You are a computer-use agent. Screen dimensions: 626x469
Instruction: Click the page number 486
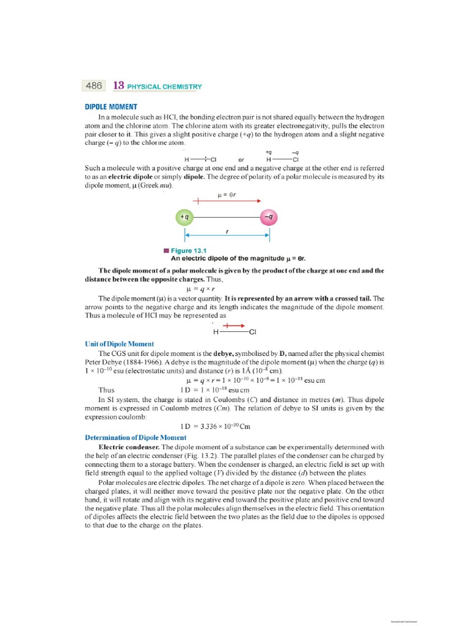[x=93, y=86]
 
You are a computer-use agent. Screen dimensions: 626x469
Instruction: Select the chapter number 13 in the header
[x=119, y=86]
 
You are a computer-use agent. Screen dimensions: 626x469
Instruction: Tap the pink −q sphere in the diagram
[x=269, y=217]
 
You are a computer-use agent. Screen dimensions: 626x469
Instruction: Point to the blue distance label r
[x=227, y=232]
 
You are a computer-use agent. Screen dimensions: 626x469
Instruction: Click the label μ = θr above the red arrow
[x=227, y=196]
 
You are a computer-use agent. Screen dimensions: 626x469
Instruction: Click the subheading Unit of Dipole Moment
[x=119, y=344]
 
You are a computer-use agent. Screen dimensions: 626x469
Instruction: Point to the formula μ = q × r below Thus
[x=202, y=287]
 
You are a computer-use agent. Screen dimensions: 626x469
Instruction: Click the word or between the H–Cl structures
[x=241, y=160]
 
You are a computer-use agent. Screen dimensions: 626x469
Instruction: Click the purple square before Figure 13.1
[x=165, y=251]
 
